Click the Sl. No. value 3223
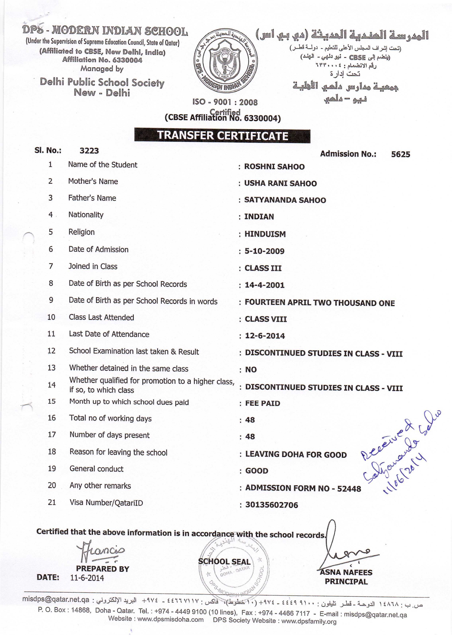click(x=89, y=151)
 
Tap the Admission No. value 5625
click(x=400, y=154)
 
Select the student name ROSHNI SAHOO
click(x=274, y=167)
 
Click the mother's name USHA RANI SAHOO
click(x=280, y=183)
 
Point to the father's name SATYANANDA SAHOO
click(x=285, y=200)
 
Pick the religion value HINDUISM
click(x=265, y=234)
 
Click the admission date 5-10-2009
click(x=264, y=251)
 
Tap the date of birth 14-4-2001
click(x=264, y=285)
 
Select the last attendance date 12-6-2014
click(x=265, y=336)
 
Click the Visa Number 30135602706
click(x=271, y=505)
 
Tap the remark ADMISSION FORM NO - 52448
click(x=303, y=488)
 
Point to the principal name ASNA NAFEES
click(x=346, y=572)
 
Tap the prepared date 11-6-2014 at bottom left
click(x=87, y=578)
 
